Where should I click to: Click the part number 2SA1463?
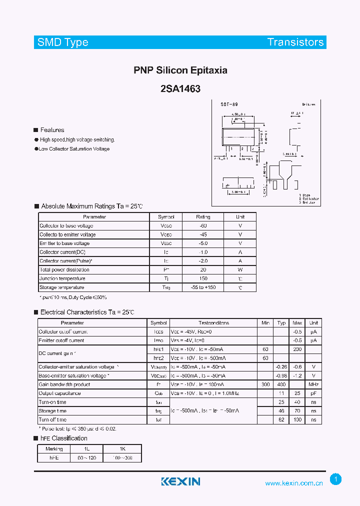tap(180, 89)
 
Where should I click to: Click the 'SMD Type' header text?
tap(63, 42)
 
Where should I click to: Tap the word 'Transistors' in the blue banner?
tap(295, 42)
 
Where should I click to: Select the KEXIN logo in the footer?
tap(180, 481)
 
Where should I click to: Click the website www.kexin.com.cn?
tap(294, 483)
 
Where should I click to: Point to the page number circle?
tap(336, 479)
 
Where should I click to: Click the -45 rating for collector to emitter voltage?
tap(203, 234)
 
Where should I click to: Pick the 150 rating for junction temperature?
tap(203, 278)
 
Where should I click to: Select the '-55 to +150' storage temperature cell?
tap(203, 287)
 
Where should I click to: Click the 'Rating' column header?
tap(203, 217)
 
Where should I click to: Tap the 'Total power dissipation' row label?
tap(64, 270)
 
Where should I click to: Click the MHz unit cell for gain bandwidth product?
tap(313, 384)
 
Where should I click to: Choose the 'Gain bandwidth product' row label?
tap(64, 384)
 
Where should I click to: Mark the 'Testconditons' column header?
tap(213, 323)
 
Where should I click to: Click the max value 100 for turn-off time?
tap(297, 420)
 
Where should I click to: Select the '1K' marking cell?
tap(122, 449)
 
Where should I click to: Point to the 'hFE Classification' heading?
tap(63, 438)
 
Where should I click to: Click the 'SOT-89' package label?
tap(229, 104)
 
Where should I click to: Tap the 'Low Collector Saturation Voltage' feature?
tap(74, 149)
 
